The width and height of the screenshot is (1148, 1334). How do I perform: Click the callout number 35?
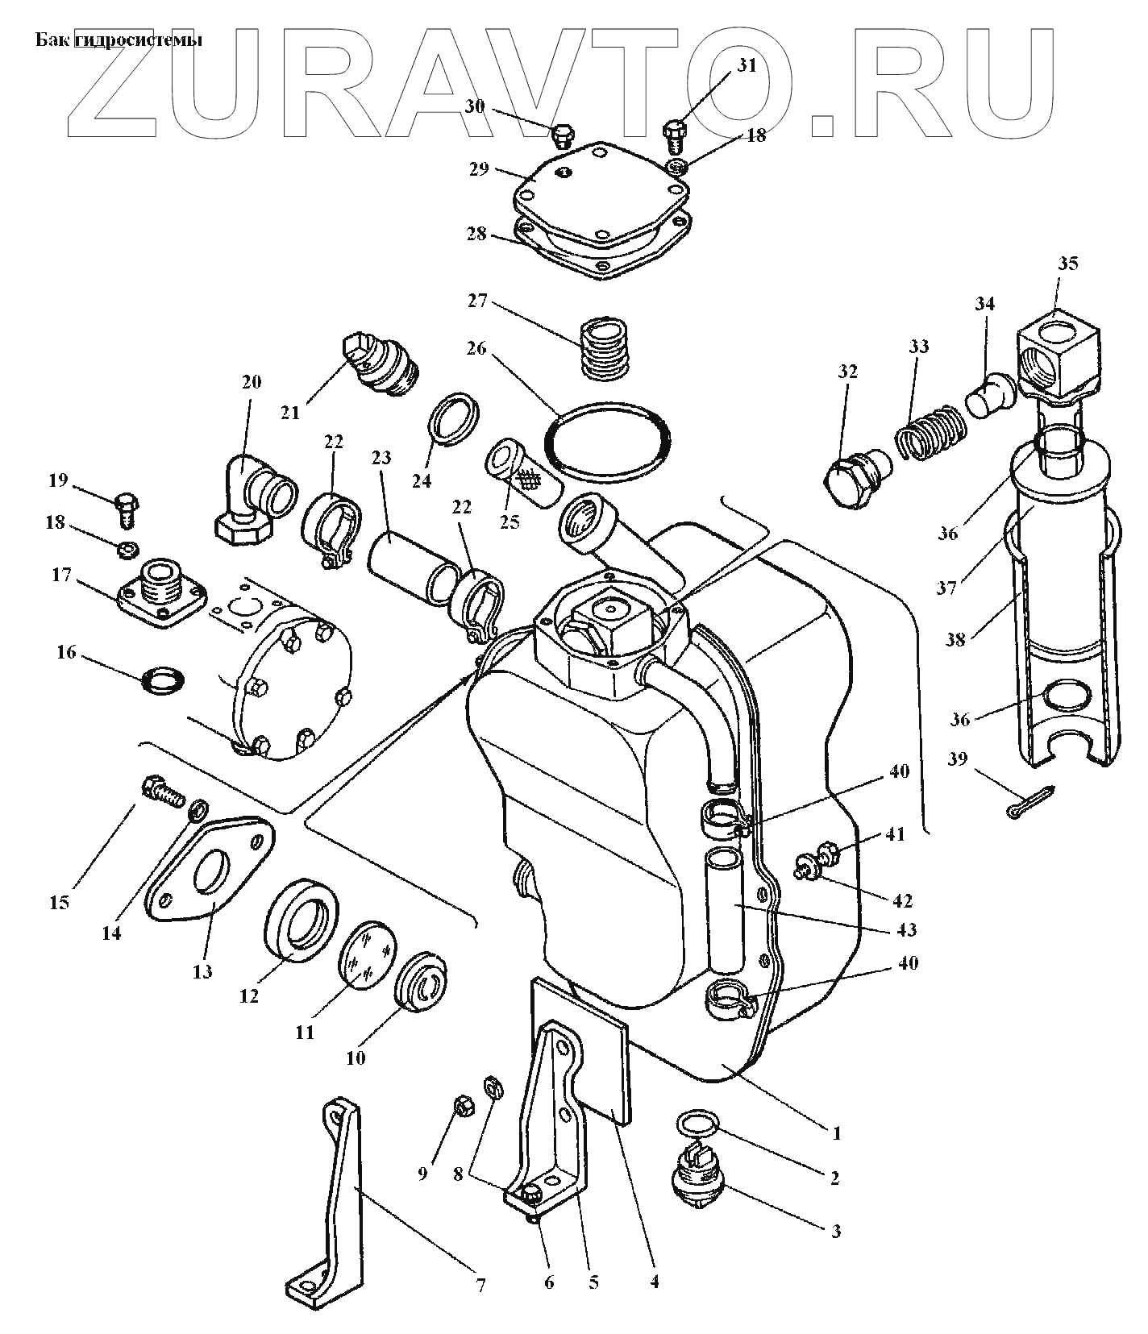(1068, 264)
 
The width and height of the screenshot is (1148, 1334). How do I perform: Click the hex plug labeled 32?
(855, 480)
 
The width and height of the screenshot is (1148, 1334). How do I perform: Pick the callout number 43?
(905, 929)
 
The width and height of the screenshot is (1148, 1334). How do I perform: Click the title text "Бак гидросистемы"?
(118, 40)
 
